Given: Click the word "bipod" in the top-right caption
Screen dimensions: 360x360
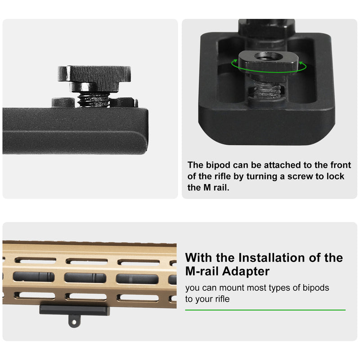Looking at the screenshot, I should click(x=219, y=165).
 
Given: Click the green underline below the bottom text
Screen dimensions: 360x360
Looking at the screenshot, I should click(x=265, y=310).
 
